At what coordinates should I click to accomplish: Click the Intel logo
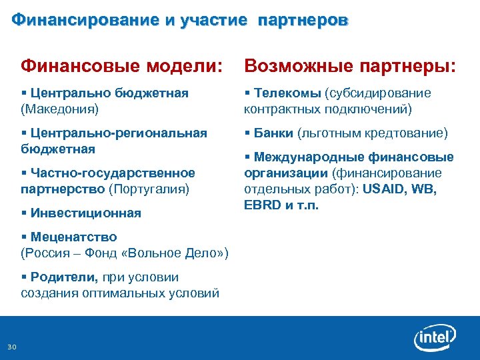[435, 339]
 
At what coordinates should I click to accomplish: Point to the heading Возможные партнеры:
[350, 66]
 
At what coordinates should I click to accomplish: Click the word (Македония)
[59, 107]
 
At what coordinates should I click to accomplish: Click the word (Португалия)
[149, 189]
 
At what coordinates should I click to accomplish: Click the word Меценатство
[73, 237]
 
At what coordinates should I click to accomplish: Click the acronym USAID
[387, 189]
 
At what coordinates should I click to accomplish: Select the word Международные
[306, 157]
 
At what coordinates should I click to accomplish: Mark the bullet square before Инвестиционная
[24, 213]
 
